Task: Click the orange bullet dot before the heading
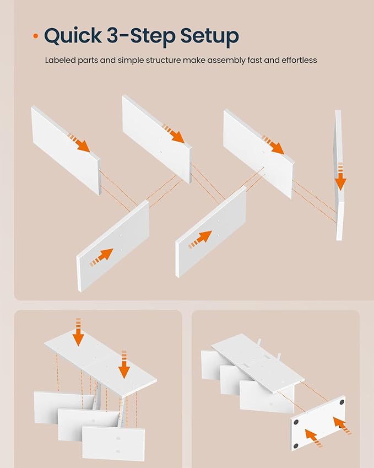point(36,36)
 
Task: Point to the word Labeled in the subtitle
point(60,60)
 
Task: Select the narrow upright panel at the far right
point(339,175)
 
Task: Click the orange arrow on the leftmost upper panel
point(79,143)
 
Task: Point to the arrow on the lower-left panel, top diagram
point(101,257)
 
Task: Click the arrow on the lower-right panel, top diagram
point(200,239)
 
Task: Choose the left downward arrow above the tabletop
point(78,332)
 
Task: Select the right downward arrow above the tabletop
point(124,364)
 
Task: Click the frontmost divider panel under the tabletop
point(113,443)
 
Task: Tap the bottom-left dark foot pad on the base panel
point(296,446)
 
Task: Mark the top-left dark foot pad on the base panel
point(296,422)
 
